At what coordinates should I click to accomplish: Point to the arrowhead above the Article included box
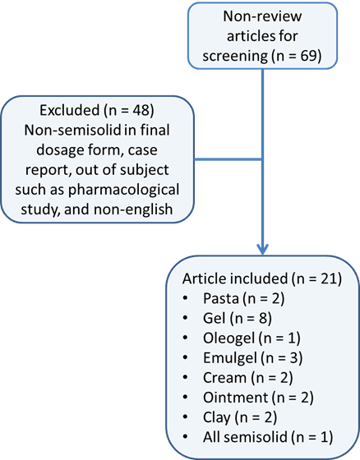pyautogui.click(x=262, y=247)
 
